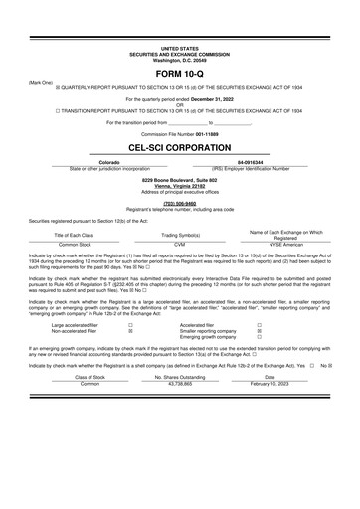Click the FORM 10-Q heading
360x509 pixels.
[x=180, y=74]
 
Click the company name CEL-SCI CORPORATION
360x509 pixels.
[x=180, y=145]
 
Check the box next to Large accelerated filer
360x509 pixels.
[x=132, y=325]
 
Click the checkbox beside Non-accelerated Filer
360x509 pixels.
[x=132, y=331]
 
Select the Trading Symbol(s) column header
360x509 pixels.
[x=180, y=234]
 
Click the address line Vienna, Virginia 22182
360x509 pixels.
[x=180, y=184]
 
